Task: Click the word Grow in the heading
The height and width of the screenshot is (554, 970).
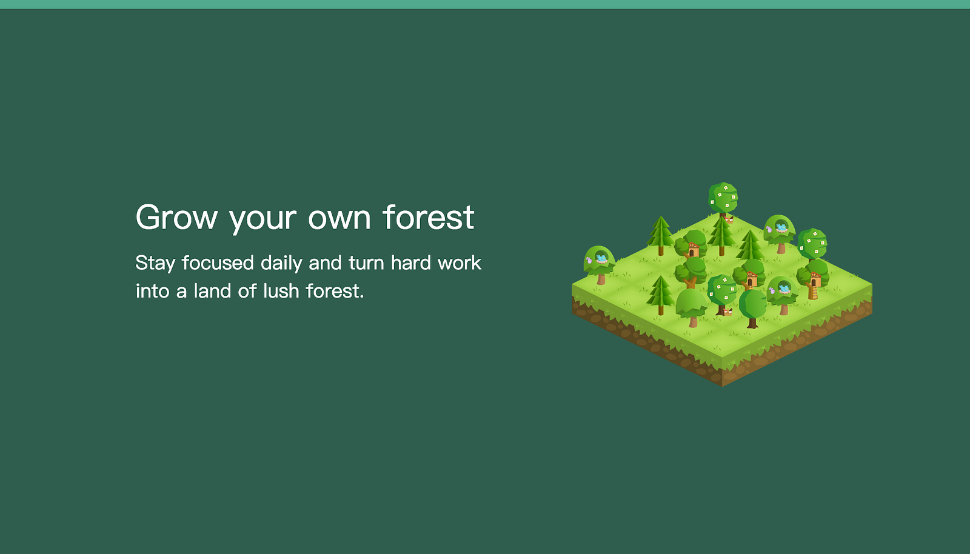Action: point(176,217)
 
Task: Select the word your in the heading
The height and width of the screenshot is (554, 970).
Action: point(263,221)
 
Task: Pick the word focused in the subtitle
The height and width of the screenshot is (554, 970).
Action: point(218,262)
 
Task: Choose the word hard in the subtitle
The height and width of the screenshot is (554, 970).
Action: point(411,262)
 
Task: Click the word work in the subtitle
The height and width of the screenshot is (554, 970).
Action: point(460,262)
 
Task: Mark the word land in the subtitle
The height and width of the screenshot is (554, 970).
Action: point(212,291)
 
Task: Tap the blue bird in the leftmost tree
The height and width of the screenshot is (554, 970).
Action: point(601,259)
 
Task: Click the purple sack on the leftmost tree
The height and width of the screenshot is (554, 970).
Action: point(589,261)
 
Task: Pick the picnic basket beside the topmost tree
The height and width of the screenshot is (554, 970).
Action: point(729,220)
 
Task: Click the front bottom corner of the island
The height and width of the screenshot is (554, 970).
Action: point(722,386)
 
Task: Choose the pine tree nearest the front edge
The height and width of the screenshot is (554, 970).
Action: point(660,295)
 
